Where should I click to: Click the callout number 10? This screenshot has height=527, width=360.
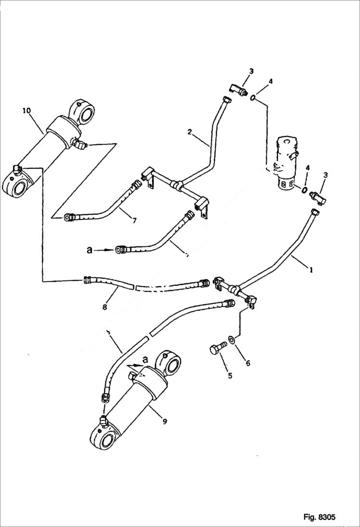(x=26, y=111)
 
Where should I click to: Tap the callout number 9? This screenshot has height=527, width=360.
(x=164, y=421)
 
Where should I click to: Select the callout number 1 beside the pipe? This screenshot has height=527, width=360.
(x=311, y=270)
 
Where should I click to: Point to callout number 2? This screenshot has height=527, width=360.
(x=190, y=132)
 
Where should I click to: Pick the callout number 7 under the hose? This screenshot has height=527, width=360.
(x=134, y=221)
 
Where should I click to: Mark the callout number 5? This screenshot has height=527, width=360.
(x=230, y=375)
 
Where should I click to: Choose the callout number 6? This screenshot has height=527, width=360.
(x=248, y=363)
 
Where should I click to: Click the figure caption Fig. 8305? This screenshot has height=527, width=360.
(x=319, y=517)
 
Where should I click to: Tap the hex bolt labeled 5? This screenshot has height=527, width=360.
(x=217, y=349)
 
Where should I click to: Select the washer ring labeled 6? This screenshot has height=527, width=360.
(x=232, y=340)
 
